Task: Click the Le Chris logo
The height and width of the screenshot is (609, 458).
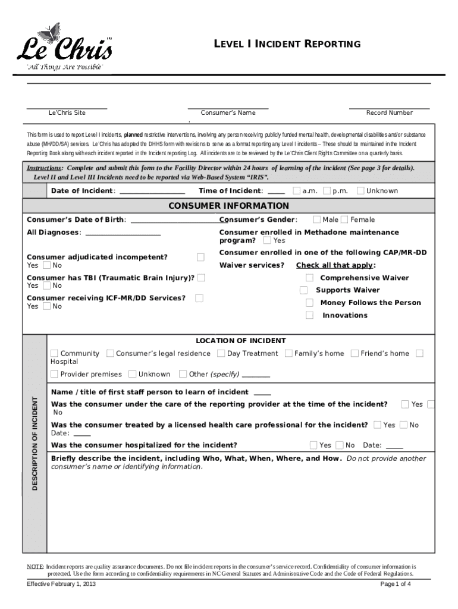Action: pyautogui.click(x=63, y=48)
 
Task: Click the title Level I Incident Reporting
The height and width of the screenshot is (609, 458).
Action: pyautogui.click(x=287, y=44)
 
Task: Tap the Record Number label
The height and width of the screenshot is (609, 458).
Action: pyautogui.click(x=389, y=112)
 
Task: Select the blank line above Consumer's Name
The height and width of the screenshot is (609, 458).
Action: pyautogui.click(x=228, y=108)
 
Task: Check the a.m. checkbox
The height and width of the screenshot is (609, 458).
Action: pyautogui.click(x=296, y=191)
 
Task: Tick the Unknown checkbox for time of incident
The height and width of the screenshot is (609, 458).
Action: pyautogui.click(x=360, y=191)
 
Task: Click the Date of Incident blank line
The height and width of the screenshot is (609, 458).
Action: pyautogui.click(x=152, y=192)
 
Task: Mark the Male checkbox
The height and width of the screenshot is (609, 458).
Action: pyautogui.click(x=316, y=220)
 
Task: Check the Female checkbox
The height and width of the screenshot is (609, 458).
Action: pyautogui.click(x=344, y=220)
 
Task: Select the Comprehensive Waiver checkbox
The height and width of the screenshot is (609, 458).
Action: pyautogui.click(x=309, y=278)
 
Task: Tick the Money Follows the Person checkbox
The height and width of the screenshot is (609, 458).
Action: pyautogui.click(x=309, y=303)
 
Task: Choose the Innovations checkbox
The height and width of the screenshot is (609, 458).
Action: pyautogui.click(x=309, y=315)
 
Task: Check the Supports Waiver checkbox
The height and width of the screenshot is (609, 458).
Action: pyautogui.click(x=304, y=290)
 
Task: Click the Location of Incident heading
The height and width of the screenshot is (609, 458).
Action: pyautogui.click(x=241, y=341)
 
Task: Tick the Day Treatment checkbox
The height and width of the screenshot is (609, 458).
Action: pyautogui.click(x=221, y=353)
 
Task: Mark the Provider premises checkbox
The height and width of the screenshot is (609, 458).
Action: pyautogui.click(x=54, y=374)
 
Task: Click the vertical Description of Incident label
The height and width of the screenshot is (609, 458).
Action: pyautogui.click(x=34, y=443)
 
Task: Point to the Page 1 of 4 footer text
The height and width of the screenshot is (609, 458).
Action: pyautogui.click(x=396, y=584)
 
